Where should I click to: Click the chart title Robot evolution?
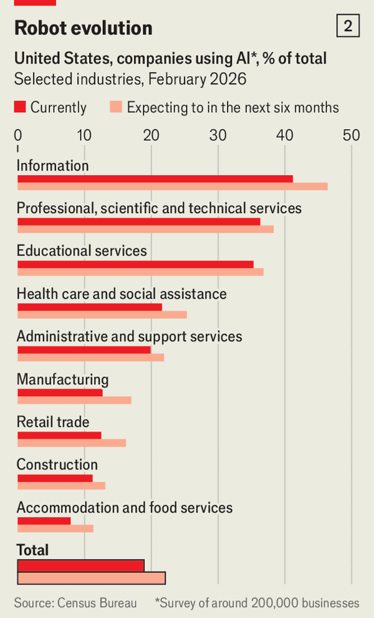83,28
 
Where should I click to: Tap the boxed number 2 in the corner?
347,26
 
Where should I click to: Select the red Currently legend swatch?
20,107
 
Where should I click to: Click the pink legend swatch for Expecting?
116,107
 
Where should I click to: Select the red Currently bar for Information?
155,179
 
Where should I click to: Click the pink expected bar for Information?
172,186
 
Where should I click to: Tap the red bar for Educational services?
135,264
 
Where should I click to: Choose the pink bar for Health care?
102,315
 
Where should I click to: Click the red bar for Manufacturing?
60,392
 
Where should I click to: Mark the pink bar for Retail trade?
72,443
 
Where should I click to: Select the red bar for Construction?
55,478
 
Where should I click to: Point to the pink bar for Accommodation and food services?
55,528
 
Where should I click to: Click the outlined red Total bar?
80,565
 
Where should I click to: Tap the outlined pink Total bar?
91,578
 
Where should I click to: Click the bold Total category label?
32,550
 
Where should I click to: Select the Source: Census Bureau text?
75,602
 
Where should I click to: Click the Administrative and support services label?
129,336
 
